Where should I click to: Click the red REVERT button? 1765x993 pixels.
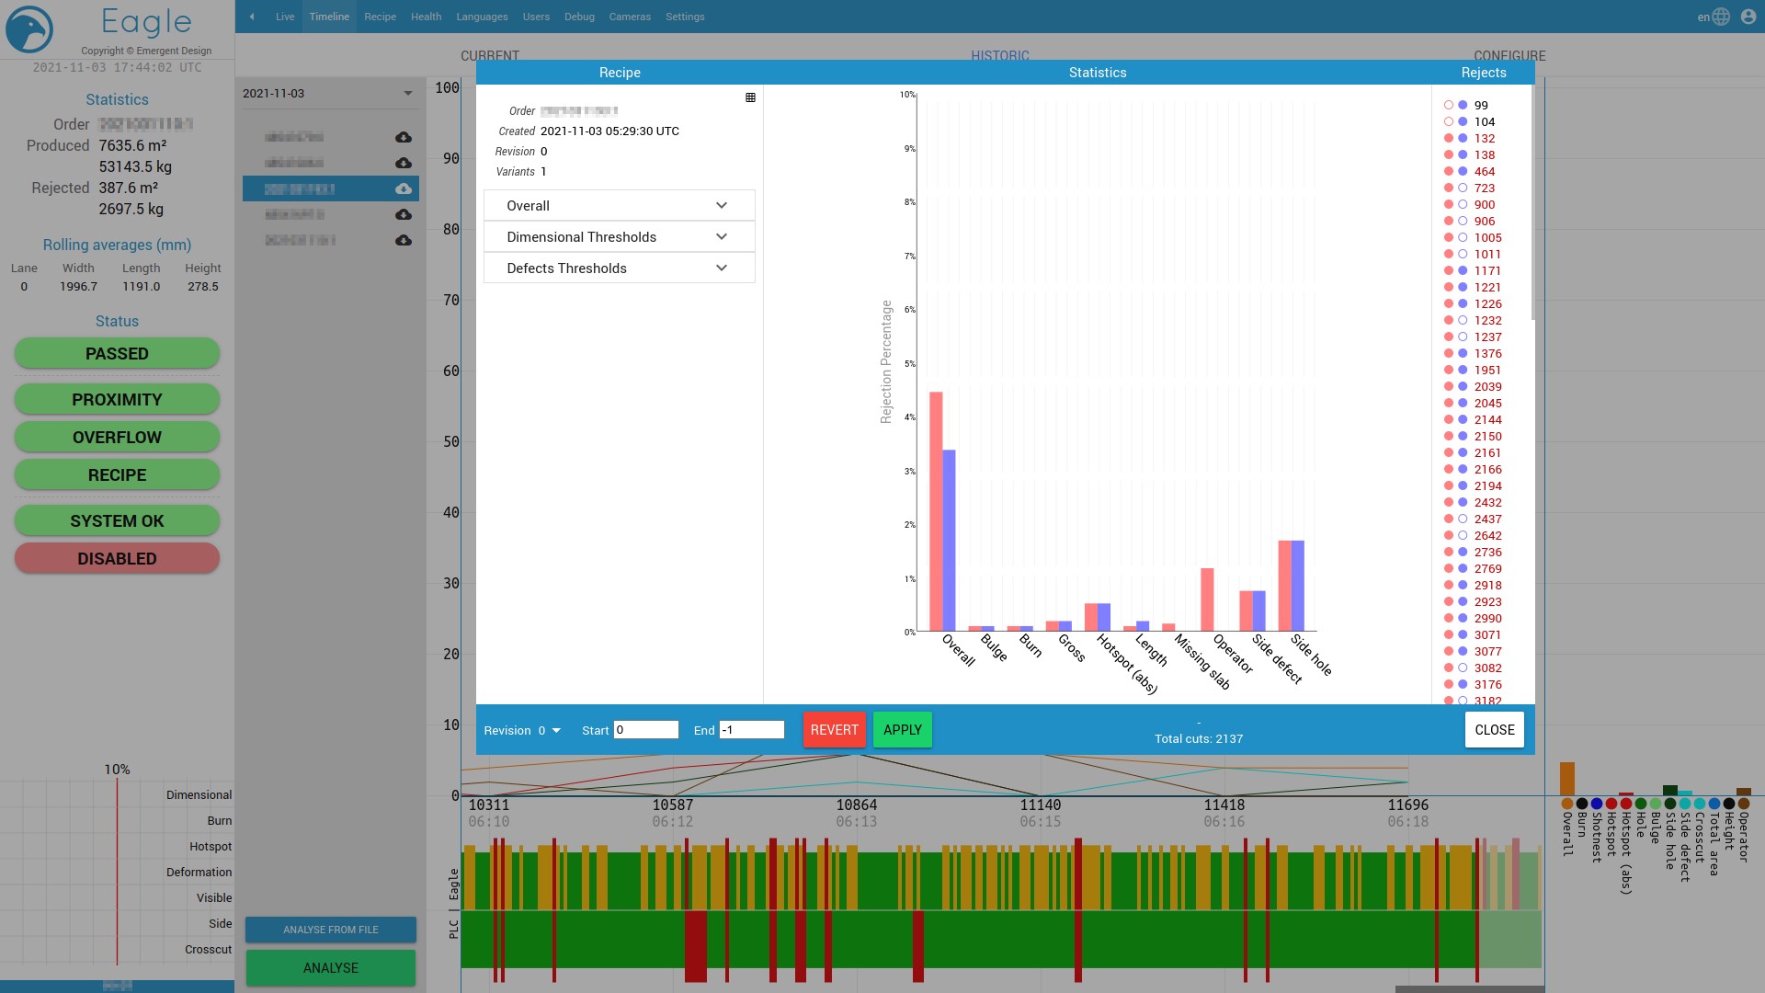coord(834,730)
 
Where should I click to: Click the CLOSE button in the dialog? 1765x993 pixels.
coord(1494,730)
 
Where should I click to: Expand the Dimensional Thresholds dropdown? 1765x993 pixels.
coord(619,237)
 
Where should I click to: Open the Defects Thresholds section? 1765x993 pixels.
coord(619,268)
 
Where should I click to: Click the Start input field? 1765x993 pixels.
coord(646,730)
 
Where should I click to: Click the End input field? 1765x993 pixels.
coord(751,730)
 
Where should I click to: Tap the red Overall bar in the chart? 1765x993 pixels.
coord(936,511)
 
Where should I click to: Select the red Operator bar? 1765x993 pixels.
coord(1207,599)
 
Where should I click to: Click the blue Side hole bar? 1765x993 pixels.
coord(1298,586)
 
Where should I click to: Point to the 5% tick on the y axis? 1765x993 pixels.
coord(910,364)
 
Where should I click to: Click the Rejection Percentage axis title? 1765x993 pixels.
coord(886,362)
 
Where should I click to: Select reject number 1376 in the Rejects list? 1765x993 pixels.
coord(1487,354)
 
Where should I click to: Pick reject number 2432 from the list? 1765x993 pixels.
coord(1487,503)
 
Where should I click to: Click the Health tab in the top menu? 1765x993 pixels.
coord(426,17)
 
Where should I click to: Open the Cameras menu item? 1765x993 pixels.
coord(630,17)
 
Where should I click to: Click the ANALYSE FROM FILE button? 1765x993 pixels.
coord(331,930)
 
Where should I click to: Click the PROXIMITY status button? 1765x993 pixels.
coord(117,400)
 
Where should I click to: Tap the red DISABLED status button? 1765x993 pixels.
coord(117,559)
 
